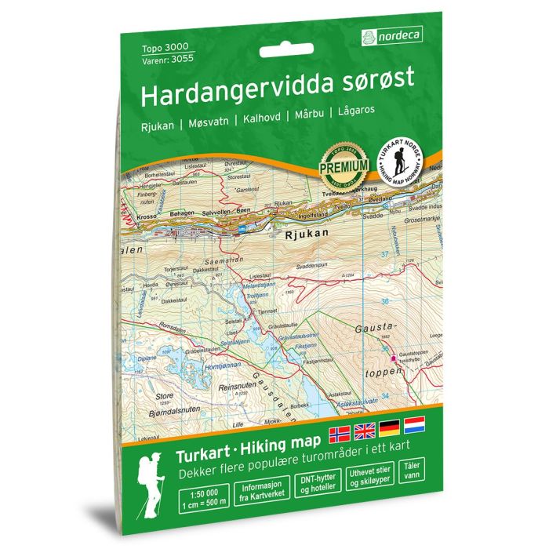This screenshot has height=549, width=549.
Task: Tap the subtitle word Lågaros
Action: (355, 111)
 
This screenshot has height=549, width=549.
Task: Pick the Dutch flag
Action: (413, 425)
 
